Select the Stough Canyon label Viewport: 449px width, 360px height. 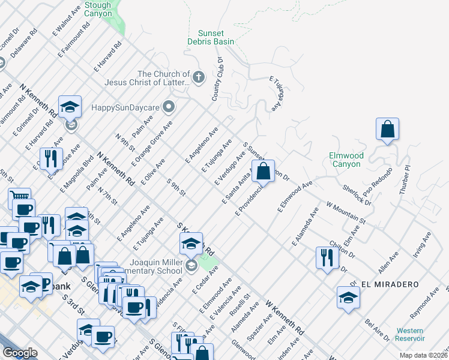(x=98, y=9)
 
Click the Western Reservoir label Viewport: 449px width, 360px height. (x=409, y=334)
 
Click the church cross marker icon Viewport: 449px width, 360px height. (x=199, y=78)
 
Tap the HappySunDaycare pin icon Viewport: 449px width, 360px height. (x=169, y=107)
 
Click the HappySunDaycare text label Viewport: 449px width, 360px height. (x=125, y=108)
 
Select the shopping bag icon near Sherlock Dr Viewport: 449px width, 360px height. (x=388, y=128)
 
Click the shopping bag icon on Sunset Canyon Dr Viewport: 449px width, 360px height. (x=264, y=171)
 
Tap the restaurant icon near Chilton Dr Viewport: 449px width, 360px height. (x=327, y=257)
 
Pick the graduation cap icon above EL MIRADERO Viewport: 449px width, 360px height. (x=348, y=298)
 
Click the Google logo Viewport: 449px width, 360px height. (x=20, y=353)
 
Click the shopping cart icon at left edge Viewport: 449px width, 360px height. (x=19, y=196)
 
